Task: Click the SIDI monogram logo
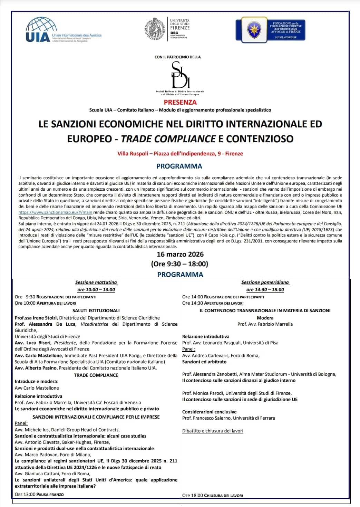[180, 76]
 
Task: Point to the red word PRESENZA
[180, 102]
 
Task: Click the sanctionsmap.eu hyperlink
[55, 212]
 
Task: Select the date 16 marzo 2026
[180, 254]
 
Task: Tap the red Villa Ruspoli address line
[180, 153]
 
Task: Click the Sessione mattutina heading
[96, 282]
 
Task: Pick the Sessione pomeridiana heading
[265, 282]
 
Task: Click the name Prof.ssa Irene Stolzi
[36, 318]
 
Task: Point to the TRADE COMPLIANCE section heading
[96, 375]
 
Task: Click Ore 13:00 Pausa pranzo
[39, 494]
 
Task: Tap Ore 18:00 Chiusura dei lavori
[212, 495]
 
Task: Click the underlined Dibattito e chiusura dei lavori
[213, 431]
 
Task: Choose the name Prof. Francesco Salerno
[206, 418]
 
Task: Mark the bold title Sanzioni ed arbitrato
[204, 362]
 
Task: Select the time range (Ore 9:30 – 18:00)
[179, 264]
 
